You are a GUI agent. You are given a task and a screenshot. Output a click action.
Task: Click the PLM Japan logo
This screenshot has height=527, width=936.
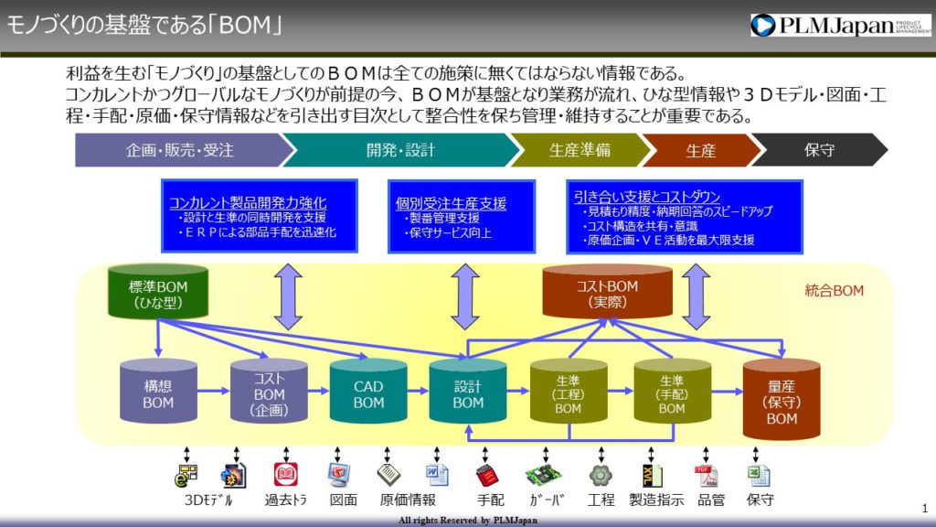840,25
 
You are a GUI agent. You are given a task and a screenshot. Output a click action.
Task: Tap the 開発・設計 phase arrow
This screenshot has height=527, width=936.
400,150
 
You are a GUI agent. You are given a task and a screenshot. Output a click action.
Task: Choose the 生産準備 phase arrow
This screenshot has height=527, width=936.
580,150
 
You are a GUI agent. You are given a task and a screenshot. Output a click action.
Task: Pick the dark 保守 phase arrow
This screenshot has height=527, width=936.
819,150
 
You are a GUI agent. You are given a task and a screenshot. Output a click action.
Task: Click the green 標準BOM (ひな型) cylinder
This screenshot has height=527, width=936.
158,292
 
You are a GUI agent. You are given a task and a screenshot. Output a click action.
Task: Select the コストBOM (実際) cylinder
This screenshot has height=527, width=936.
607,292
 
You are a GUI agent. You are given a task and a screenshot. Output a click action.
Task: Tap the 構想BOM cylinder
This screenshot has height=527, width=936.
158,392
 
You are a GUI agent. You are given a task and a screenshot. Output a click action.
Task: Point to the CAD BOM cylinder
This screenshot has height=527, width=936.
368,392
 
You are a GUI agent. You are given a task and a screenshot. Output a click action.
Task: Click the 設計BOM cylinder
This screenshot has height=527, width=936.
468,392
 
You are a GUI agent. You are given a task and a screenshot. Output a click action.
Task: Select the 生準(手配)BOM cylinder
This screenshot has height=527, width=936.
672,392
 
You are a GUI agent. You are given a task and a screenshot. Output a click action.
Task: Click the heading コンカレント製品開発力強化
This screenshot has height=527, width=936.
248,202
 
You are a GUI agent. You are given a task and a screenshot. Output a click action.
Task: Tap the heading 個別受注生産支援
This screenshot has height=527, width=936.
451,203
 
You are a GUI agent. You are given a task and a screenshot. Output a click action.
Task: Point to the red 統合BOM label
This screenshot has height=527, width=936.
834,291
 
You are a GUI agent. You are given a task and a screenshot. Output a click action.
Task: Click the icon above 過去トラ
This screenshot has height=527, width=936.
286,475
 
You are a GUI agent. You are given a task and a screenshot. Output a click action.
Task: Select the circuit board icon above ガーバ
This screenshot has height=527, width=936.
543,475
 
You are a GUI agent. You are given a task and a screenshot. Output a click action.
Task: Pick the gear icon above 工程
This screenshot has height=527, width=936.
601,475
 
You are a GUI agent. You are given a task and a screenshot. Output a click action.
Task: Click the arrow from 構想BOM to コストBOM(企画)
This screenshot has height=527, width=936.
214,391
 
